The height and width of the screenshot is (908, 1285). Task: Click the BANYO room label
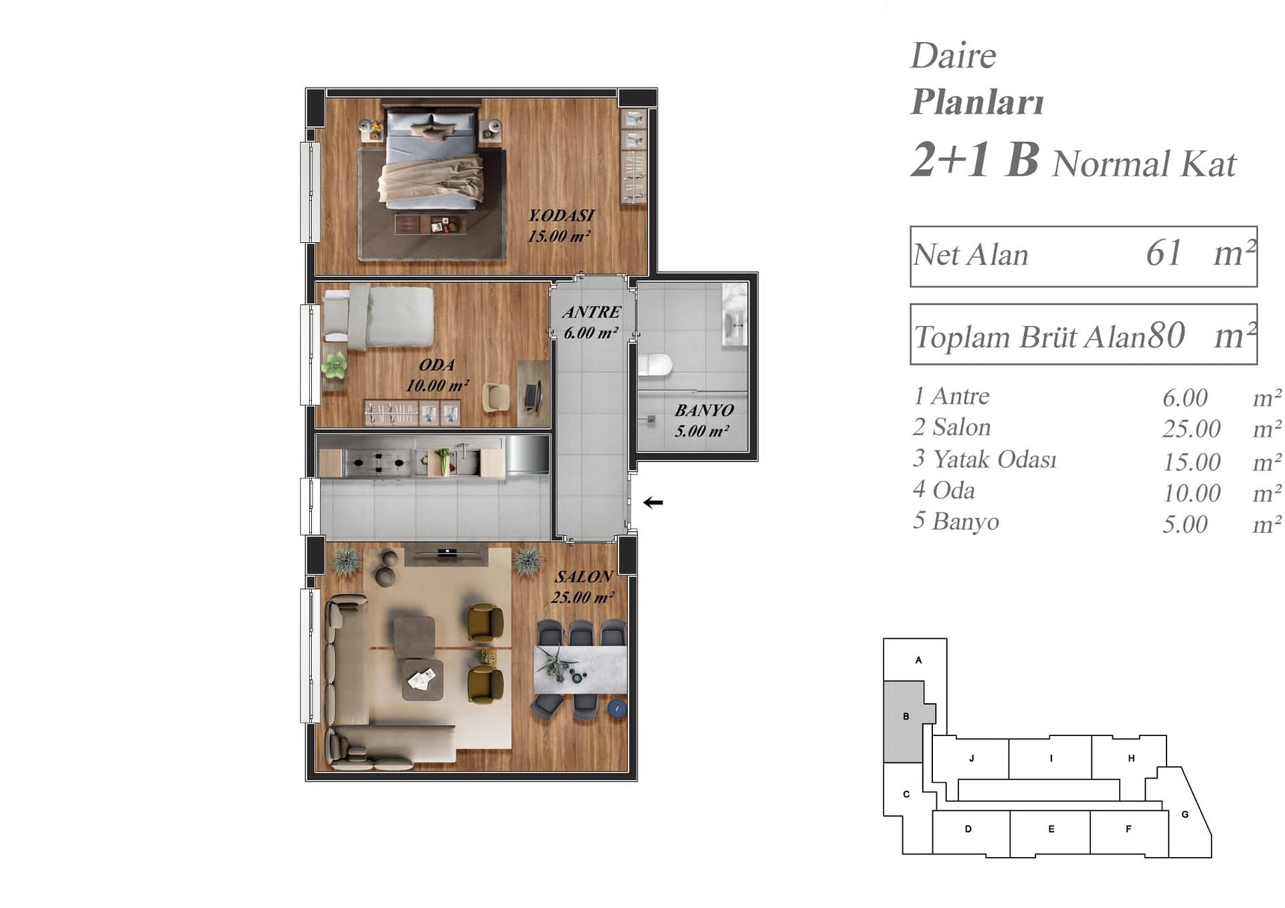[x=703, y=410]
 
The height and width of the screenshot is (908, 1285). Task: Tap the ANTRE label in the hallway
[x=592, y=312]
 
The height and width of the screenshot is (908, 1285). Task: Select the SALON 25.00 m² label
[x=583, y=587]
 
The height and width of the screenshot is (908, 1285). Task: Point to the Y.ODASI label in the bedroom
[x=561, y=215]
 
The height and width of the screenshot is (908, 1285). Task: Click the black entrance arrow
[x=653, y=503]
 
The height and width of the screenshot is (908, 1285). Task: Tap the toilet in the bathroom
[x=654, y=365]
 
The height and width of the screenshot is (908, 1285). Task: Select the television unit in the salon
[x=446, y=553]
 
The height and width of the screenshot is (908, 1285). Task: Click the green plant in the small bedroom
[x=334, y=365]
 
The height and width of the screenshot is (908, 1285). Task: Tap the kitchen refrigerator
[x=527, y=454]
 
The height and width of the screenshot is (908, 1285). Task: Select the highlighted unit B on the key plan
[x=906, y=721]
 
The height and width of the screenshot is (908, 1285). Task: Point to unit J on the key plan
[x=970, y=758]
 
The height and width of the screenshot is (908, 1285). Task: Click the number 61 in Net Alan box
[x=1163, y=253]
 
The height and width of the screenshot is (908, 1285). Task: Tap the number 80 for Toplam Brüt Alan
[x=1167, y=335]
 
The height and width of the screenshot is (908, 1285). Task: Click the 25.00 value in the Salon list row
[x=1191, y=429]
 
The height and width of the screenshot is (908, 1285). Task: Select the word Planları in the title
[x=977, y=102]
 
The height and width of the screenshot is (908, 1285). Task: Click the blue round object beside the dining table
[x=616, y=709]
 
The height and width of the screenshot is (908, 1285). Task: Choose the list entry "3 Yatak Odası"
[x=984, y=459]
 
